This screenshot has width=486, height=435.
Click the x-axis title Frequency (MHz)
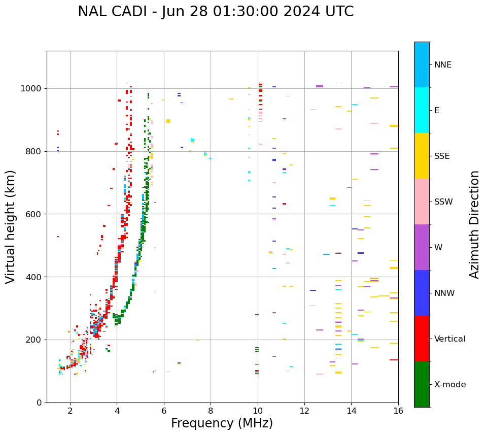[x=222, y=423]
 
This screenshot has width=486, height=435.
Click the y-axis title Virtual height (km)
[x=11, y=226]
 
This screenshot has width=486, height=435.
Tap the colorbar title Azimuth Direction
[x=474, y=224]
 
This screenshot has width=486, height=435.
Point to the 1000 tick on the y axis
[x=32, y=89]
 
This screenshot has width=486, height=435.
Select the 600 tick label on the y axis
[x=34, y=214]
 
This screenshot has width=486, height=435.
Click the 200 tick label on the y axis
[x=34, y=340]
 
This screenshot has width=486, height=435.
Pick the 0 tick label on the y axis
[x=40, y=403]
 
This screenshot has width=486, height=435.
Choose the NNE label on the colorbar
[x=442, y=65]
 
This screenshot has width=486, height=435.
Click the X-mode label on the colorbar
[x=449, y=385]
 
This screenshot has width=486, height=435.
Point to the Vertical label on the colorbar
[x=449, y=339]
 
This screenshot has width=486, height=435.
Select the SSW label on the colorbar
[x=443, y=202]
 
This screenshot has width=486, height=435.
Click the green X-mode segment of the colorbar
[x=422, y=384]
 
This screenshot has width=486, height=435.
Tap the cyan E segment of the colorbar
[x=422, y=110]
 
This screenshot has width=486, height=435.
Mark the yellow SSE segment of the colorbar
[x=422, y=156]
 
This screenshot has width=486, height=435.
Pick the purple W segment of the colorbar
[x=422, y=247]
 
